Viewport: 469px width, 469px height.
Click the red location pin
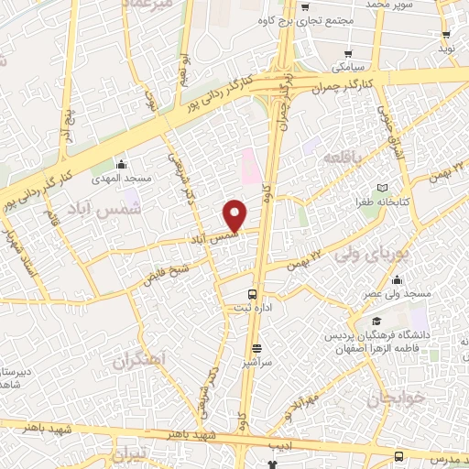[235, 215]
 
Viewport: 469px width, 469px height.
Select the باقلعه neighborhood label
[343, 158]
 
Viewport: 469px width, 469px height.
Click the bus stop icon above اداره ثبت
[253, 294]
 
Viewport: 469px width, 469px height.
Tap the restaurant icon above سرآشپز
[257, 349]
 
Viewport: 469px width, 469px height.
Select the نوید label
[448, 46]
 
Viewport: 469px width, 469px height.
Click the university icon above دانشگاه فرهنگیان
[376, 322]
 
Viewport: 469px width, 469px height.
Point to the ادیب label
[278, 444]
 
